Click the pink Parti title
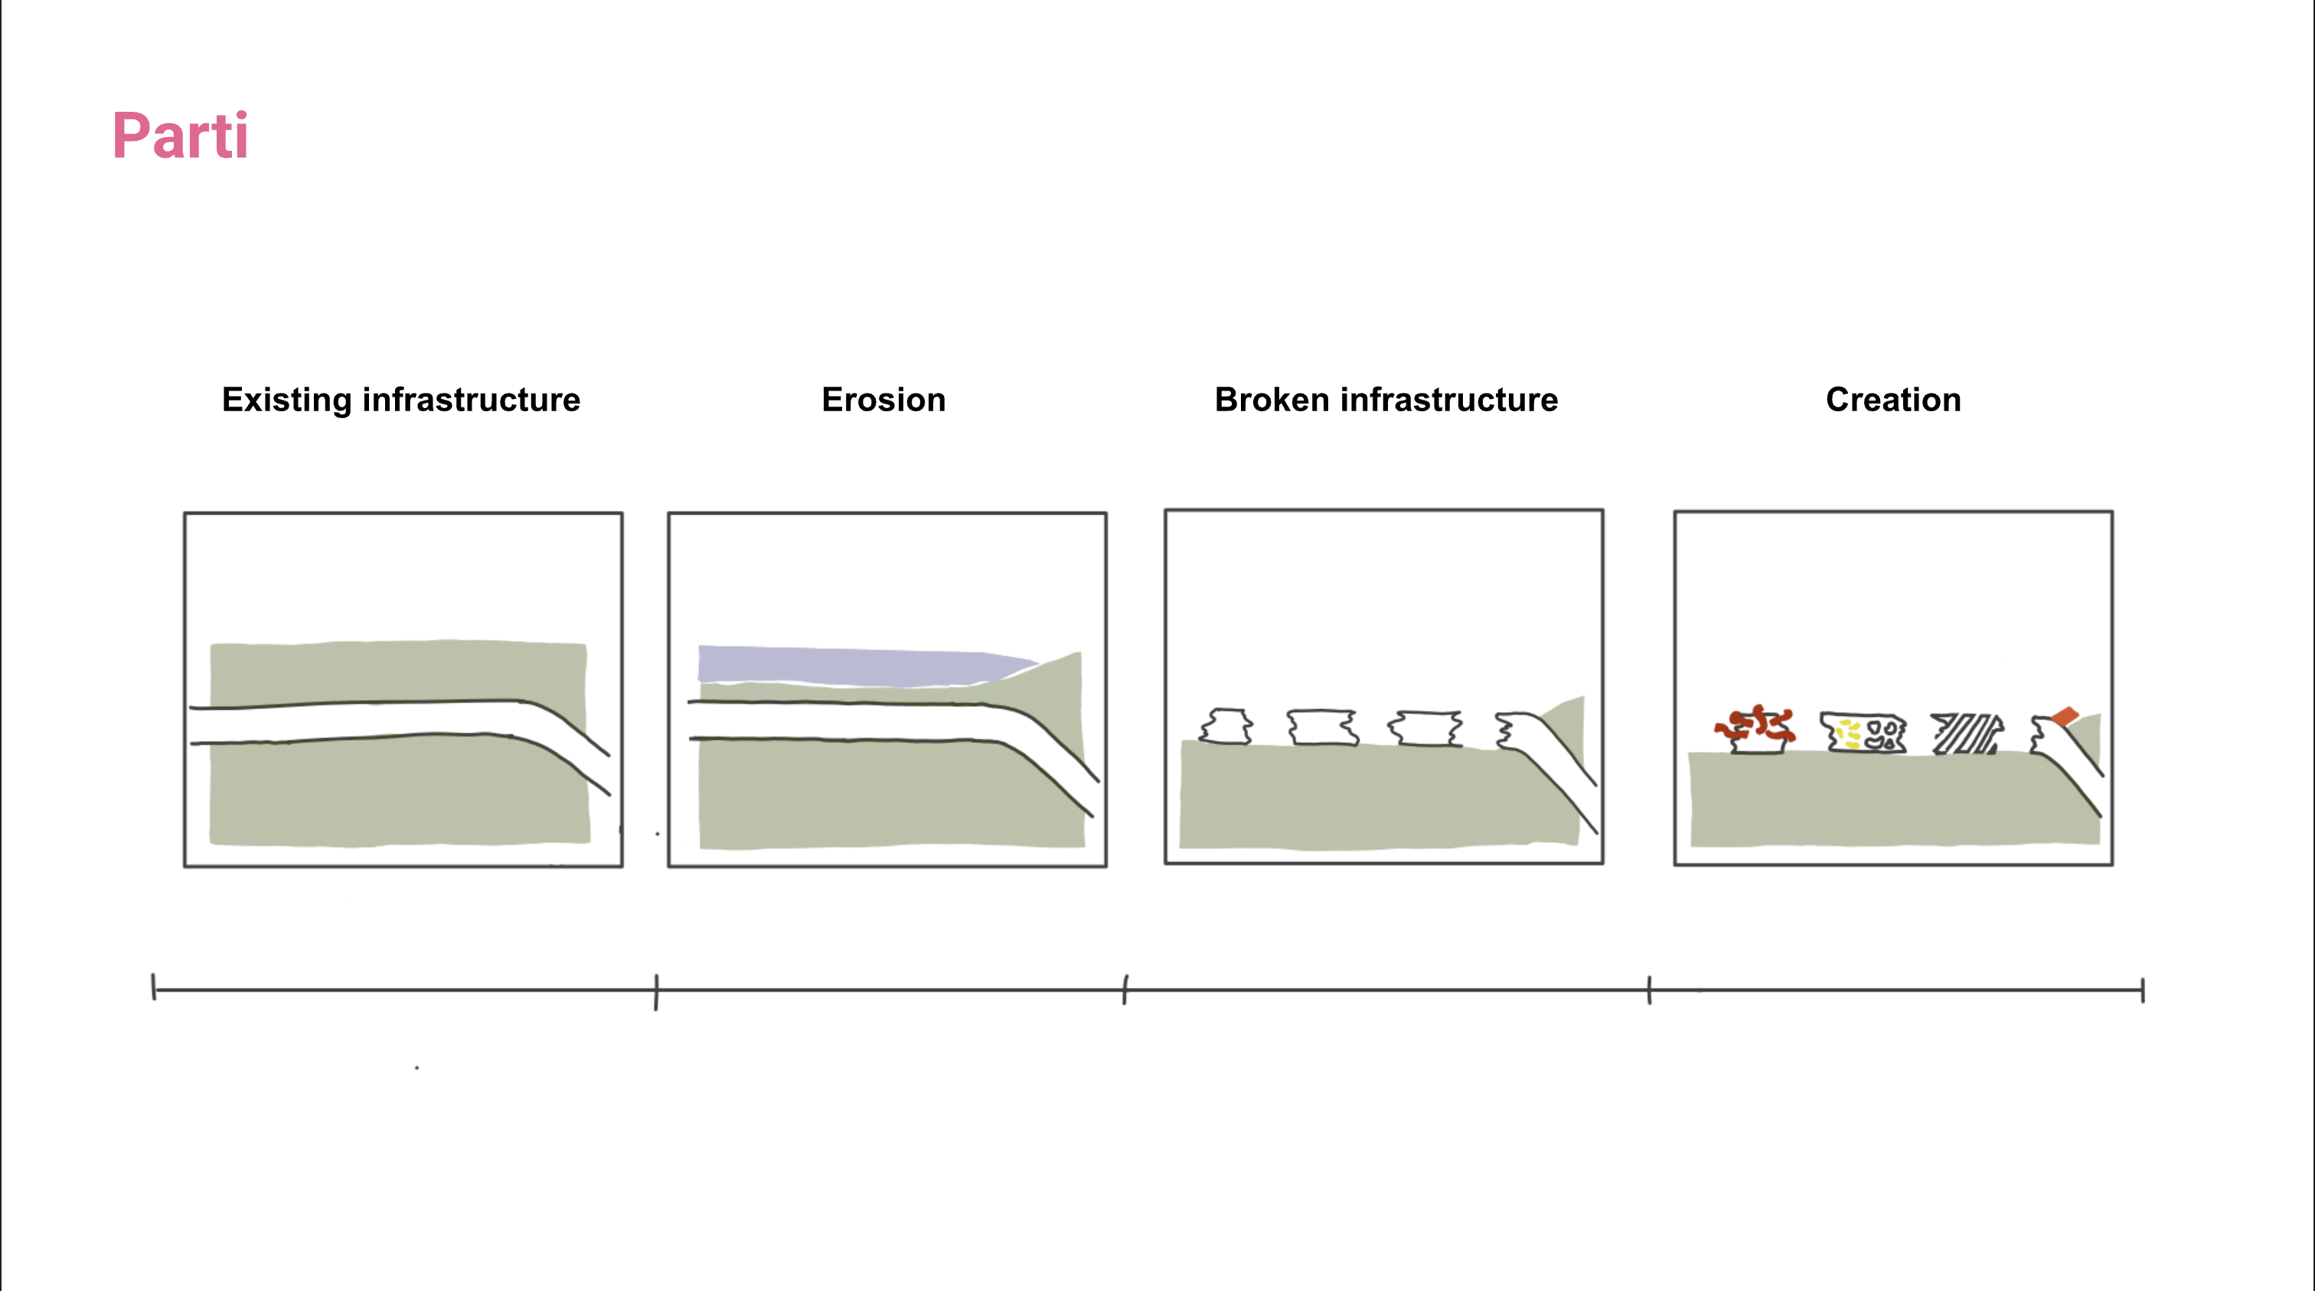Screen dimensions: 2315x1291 coord(180,136)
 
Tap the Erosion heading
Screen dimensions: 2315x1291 coord(883,400)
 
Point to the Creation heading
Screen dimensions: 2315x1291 coord(1893,400)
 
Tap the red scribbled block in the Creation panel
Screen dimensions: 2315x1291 coord(1756,729)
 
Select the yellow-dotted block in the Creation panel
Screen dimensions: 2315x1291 coord(1863,732)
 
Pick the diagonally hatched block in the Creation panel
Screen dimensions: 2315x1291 coord(1967,734)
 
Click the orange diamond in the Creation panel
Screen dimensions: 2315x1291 coord(2064,717)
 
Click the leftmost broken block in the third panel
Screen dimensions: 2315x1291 coord(1226,727)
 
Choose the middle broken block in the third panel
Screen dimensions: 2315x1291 coord(1322,727)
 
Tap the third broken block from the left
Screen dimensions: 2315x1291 coord(1425,728)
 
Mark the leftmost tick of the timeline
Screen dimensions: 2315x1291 coord(154,986)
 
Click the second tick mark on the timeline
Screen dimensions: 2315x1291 coord(656,992)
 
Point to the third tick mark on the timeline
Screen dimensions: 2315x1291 coord(1125,989)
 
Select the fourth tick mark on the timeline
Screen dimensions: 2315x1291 coord(1649,990)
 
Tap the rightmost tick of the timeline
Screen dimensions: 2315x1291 coord(2143,991)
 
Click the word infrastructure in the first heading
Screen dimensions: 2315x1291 coord(471,400)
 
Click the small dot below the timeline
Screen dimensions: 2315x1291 coord(417,1067)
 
